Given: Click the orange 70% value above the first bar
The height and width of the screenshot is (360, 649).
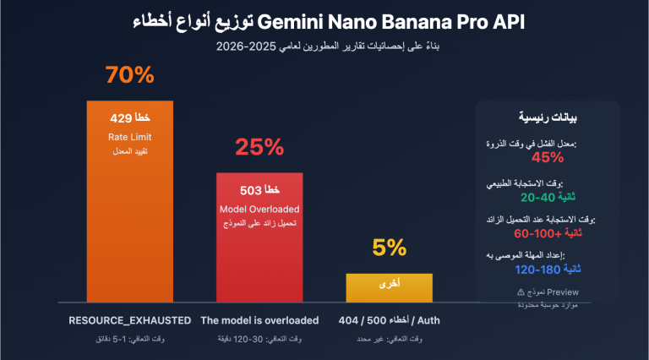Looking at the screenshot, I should click(129, 75).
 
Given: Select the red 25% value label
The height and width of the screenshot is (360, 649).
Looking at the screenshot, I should click(259, 148).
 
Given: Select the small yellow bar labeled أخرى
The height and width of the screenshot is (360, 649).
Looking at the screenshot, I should click(389, 287).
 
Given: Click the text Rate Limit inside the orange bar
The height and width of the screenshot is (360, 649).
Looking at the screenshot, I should click(129, 136).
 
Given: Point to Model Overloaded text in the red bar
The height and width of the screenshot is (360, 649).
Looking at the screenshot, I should click(259, 208).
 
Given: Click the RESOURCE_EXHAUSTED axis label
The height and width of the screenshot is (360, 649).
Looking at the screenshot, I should click(129, 320).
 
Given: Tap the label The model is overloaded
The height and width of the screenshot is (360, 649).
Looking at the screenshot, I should click(259, 320).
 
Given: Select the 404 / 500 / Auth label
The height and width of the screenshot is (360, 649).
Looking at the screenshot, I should click(389, 320).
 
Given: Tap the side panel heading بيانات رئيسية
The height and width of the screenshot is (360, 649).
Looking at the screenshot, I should click(547, 117).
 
